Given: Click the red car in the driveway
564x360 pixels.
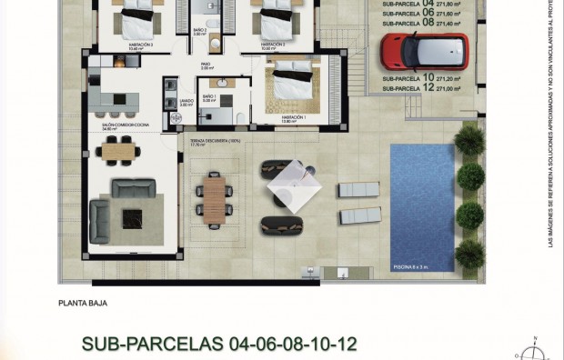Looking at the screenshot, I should coord(424,53).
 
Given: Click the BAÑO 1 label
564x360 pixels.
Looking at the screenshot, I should coord(208,97).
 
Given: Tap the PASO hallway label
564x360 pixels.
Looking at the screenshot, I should coord(206,65).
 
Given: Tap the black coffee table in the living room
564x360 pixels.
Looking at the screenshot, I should coord(133,217).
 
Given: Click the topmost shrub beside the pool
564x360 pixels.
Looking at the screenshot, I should coord(468,139).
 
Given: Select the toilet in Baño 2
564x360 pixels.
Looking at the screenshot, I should coord(209,23).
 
